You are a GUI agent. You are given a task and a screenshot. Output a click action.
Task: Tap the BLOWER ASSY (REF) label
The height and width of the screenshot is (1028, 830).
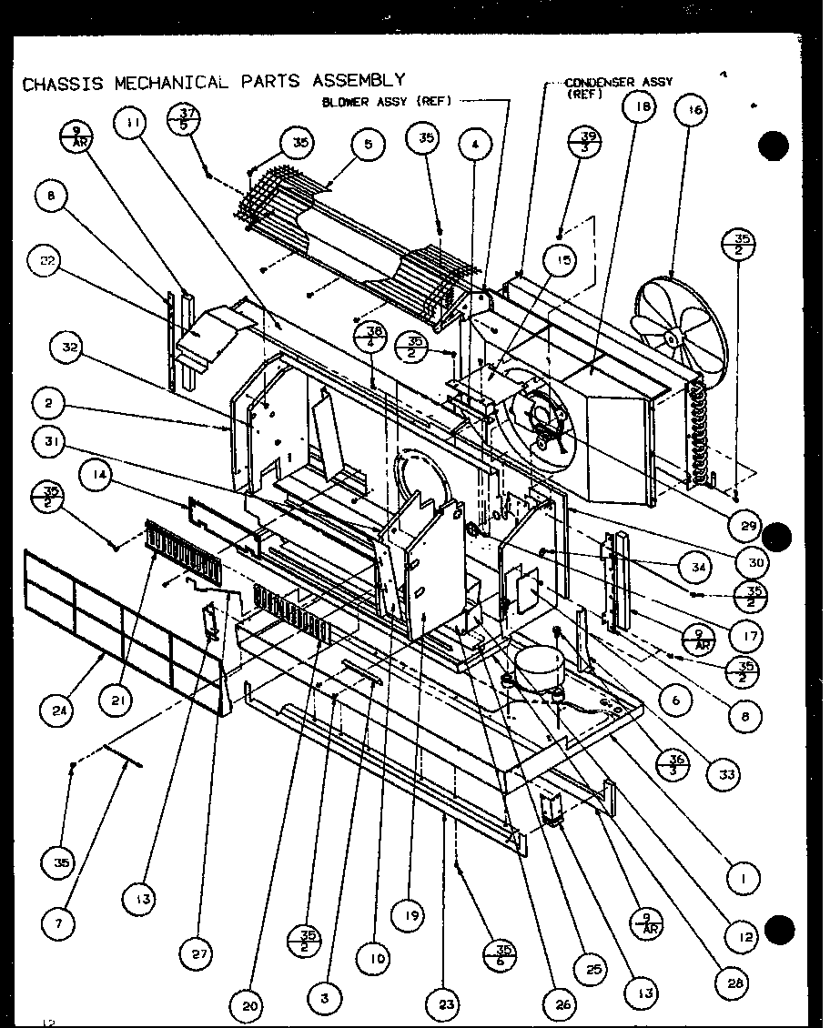(386, 102)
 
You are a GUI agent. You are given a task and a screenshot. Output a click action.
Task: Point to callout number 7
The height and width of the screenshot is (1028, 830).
(57, 922)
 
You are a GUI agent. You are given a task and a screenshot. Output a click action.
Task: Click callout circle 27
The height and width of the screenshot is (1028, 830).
(201, 952)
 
